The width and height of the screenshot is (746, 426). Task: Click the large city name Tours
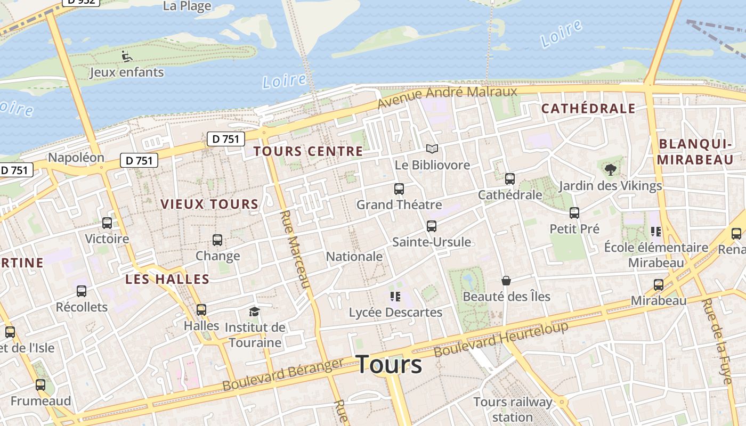coord(389,365)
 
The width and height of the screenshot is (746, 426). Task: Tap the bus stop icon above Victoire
coord(107,223)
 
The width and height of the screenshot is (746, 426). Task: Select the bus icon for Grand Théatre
coord(399,189)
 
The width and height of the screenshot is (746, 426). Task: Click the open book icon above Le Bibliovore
coord(432,149)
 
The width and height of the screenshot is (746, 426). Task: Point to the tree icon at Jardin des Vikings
coord(610,170)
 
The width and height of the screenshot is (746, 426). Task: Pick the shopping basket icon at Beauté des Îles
coord(506,281)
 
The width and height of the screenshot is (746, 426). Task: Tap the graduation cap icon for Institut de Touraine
coord(255,312)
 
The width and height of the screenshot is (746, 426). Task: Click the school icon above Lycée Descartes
coord(395,297)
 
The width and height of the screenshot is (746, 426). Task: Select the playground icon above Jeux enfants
coord(126,56)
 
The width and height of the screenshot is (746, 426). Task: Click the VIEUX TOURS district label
coord(209,204)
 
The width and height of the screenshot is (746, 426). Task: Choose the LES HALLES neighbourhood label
coord(167,279)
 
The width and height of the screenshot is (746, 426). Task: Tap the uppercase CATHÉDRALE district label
coord(588,109)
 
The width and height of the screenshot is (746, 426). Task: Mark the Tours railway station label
coord(512,409)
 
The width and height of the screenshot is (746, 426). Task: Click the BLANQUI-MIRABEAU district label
coord(695,152)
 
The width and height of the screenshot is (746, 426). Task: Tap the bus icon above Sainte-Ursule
coord(432,226)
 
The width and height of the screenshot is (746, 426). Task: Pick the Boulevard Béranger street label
coord(283,374)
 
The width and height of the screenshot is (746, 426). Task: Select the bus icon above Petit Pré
coord(574,213)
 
